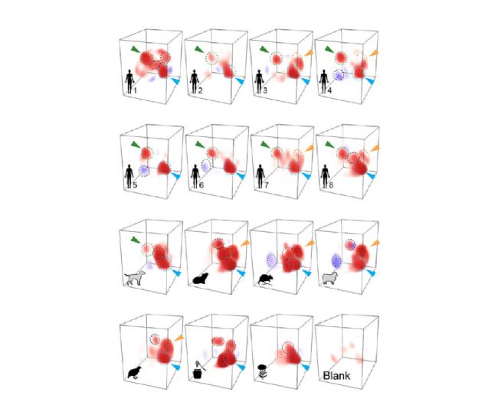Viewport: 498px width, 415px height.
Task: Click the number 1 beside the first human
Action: [x=135, y=91]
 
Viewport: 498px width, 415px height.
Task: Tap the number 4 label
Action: [x=329, y=91]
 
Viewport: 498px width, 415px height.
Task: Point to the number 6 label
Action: [x=201, y=185]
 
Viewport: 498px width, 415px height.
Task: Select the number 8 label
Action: [x=331, y=185]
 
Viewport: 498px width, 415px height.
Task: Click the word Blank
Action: [x=336, y=376]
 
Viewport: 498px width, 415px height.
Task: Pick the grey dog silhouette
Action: [x=135, y=278]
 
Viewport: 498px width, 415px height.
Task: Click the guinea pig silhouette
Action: [x=201, y=279]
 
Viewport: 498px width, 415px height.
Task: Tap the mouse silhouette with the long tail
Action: [x=266, y=279]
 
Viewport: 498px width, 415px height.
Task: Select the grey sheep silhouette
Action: [x=330, y=278]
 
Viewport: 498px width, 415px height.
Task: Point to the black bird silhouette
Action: [x=134, y=372]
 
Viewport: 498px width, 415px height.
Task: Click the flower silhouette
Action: [x=262, y=372]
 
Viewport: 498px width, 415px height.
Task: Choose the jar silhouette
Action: [x=199, y=371]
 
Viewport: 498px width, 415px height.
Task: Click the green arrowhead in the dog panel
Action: [x=136, y=240]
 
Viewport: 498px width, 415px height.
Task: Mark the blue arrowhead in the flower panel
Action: [x=306, y=367]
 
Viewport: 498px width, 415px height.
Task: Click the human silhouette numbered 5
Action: [x=129, y=176]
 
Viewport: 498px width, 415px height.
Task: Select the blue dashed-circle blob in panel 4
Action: [x=339, y=75]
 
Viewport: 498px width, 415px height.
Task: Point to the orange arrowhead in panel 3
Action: [x=309, y=54]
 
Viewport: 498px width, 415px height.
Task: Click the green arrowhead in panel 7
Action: [x=265, y=145]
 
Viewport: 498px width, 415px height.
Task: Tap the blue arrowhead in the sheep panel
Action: [x=371, y=273]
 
